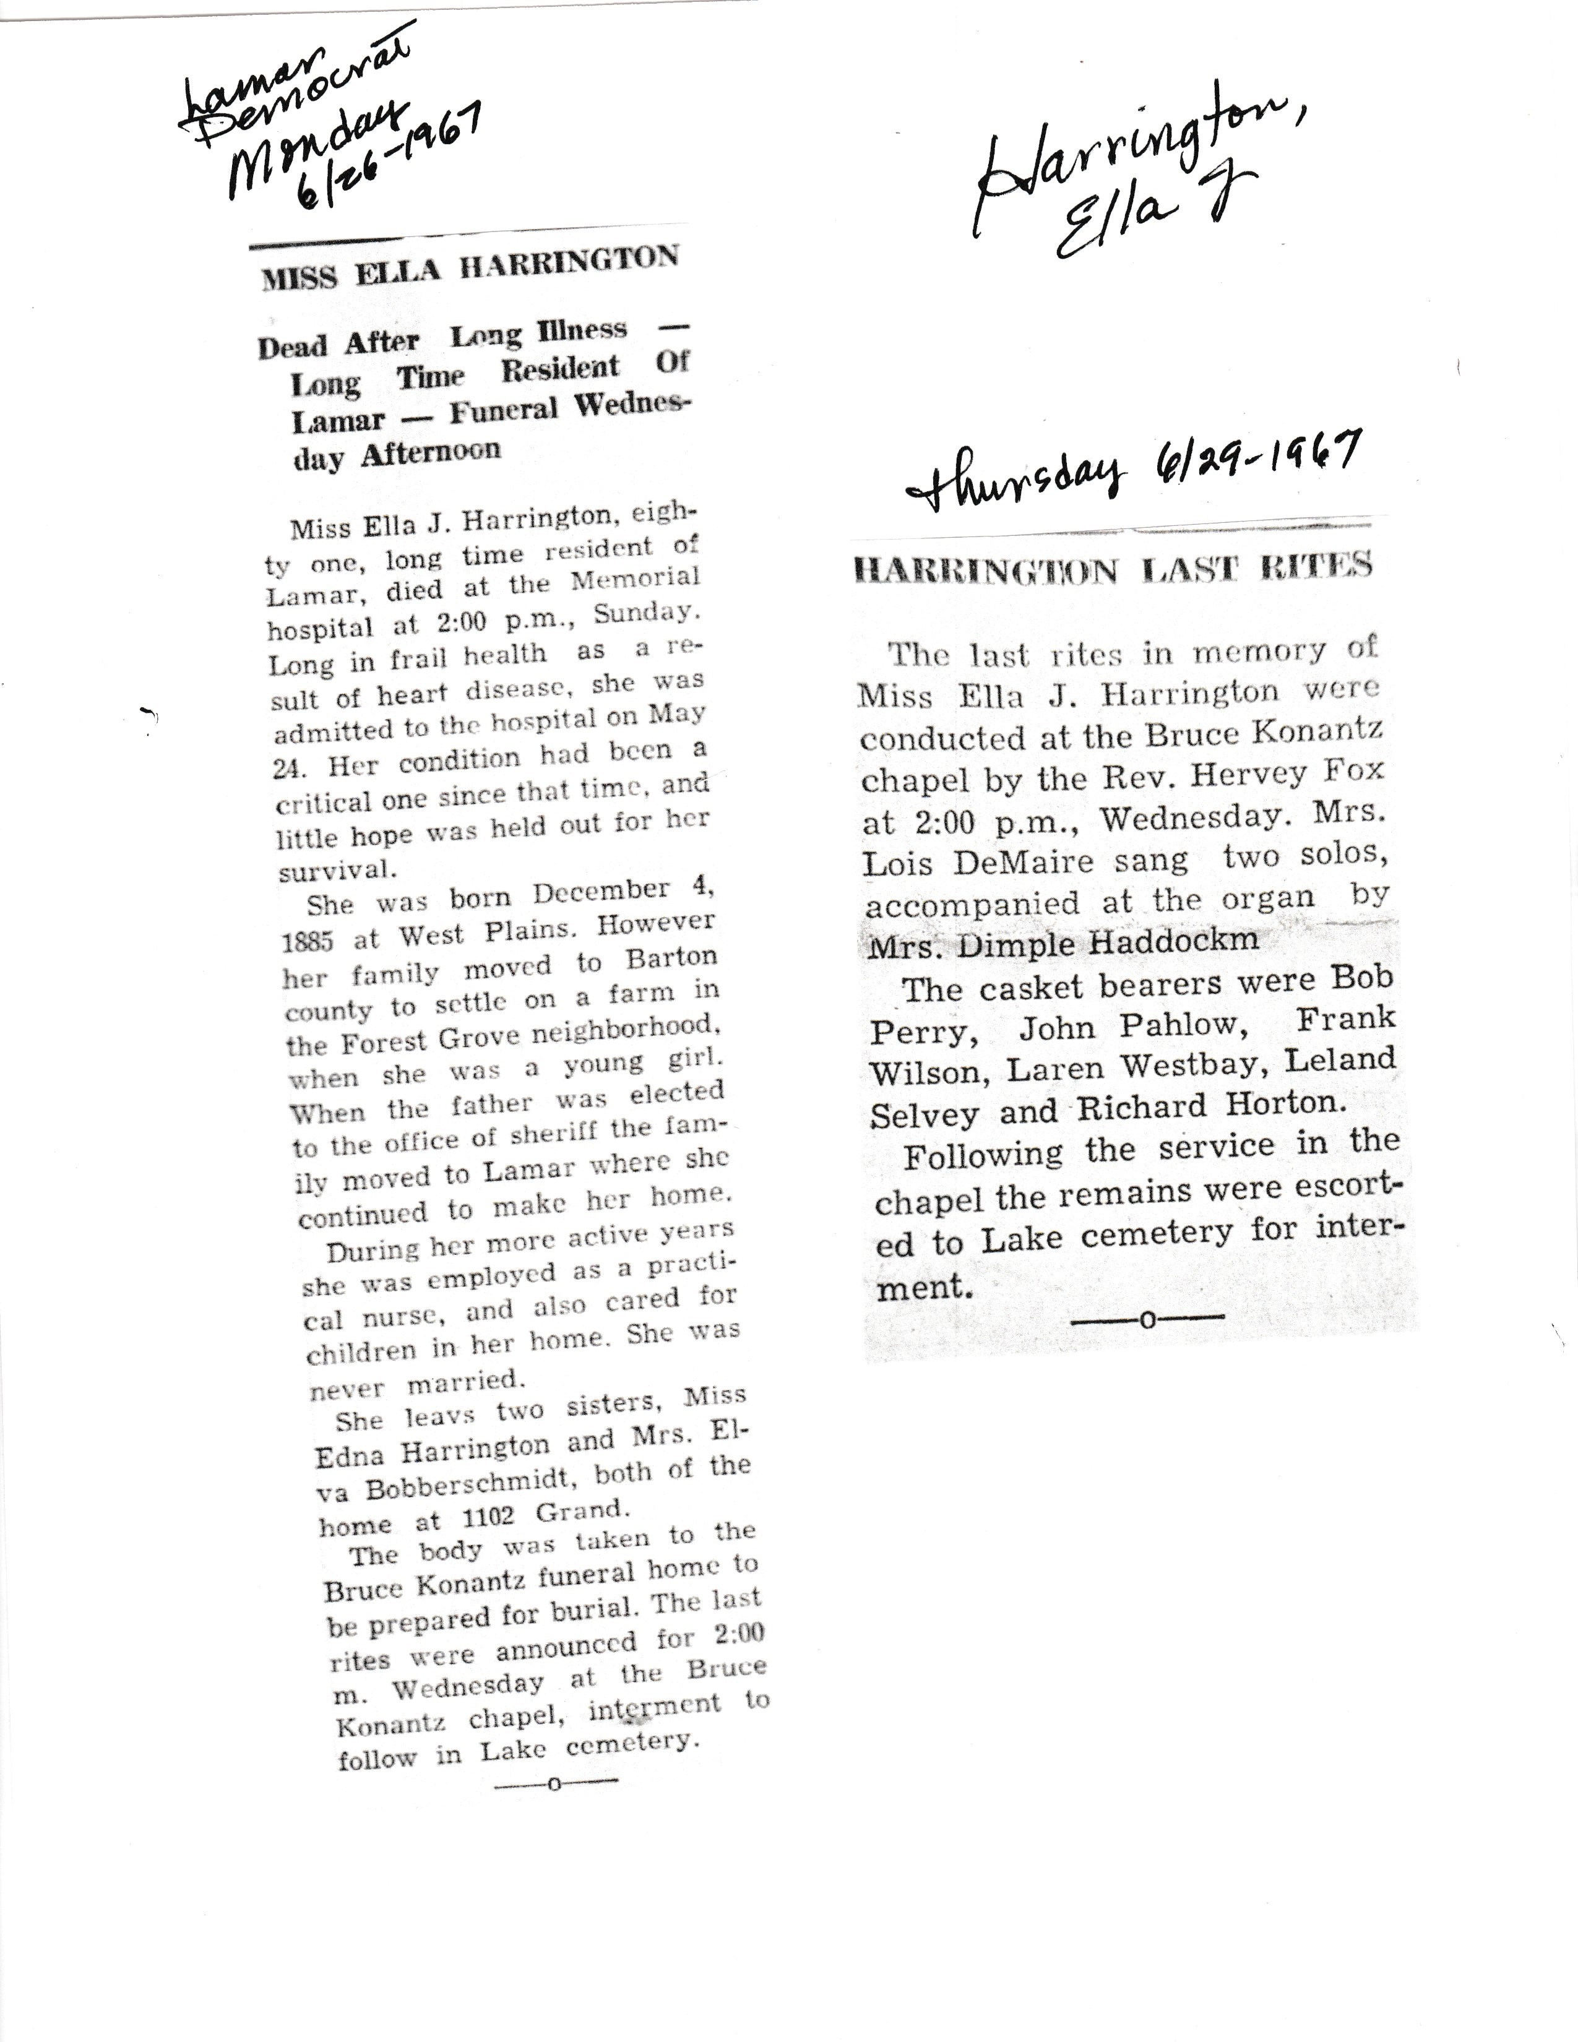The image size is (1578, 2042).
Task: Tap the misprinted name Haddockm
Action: (1174, 941)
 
